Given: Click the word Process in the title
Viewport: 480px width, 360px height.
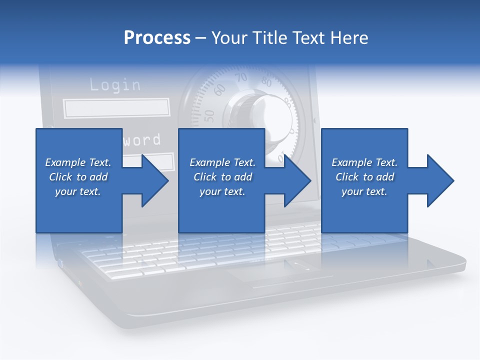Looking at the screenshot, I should click(157, 38).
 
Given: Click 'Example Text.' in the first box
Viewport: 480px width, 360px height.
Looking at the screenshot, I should click(78, 162).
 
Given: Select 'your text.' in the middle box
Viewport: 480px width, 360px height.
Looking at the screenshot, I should click(222, 191).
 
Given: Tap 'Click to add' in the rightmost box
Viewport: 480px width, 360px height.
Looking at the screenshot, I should click(364, 177).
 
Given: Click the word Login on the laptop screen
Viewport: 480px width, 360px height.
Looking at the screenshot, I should click(115, 85).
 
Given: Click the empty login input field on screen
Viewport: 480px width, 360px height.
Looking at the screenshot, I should click(116, 108).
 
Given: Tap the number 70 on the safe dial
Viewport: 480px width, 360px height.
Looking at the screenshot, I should click(241, 77).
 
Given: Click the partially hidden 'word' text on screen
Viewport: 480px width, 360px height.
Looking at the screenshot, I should click(142, 139).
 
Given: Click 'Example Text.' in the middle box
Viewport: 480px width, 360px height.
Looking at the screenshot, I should click(222, 162).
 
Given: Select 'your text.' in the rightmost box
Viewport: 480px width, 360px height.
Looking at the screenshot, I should click(364, 191).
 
